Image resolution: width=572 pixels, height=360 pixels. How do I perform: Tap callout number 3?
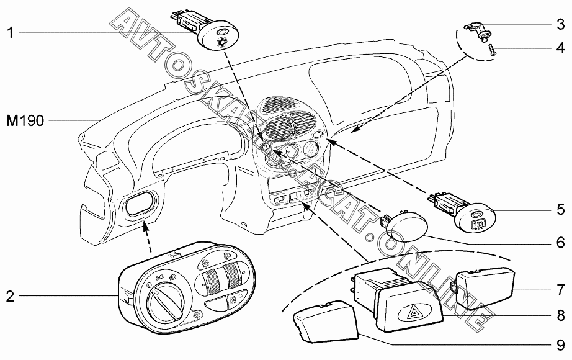tap(560, 25)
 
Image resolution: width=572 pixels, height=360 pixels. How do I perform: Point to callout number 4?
tap(560, 48)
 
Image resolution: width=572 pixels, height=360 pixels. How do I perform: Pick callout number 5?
tap(560, 209)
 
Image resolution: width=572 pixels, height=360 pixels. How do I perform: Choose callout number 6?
tap(560, 241)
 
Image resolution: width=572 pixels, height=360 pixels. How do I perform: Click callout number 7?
tap(560, 290)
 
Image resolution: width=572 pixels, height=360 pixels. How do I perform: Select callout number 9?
tap(560, 343)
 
